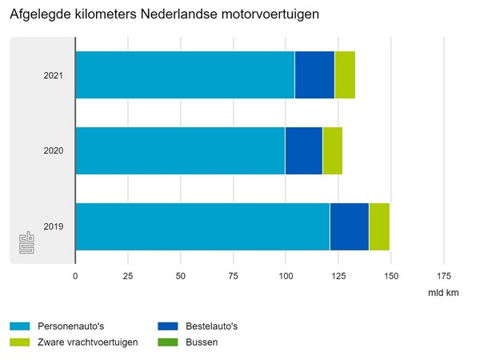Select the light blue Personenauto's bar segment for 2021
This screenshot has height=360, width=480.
pyautogui.click(x=185, y=75)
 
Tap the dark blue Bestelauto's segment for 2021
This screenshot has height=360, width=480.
pyautogui.click(x=314, y=75)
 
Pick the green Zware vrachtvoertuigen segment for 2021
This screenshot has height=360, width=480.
pyautogui.click(x=345, y=75)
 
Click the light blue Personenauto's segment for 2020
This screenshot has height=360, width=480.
pyautogui.click(x=180, y=150)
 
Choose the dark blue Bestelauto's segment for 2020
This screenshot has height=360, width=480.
pyautogui.click(x=304, y=150)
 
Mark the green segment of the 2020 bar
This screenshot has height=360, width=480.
pyautogui.click(x=333, y=150)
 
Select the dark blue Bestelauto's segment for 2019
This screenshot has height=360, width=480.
pyautogui.click(x=349, y=226)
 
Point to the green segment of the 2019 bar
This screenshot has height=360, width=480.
pyautogui.click(x=379, y=226)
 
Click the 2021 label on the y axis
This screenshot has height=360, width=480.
pyautogui.click(x=54, y=76)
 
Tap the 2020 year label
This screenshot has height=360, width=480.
pyautogui.click(x=54, y=151)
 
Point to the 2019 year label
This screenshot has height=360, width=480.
pyautogui.click(x=54, y=226)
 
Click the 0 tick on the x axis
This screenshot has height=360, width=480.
pyautogui.click(x=75, y=276)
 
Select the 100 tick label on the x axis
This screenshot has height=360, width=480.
pyautogui.click(x=286, y=276)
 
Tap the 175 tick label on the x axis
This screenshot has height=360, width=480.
pyautogui.click(x=443, y=276)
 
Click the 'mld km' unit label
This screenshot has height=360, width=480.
pyautogui.click(x=443, y=294)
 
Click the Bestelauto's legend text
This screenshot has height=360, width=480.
pyautogui.click(x=211, y=326)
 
